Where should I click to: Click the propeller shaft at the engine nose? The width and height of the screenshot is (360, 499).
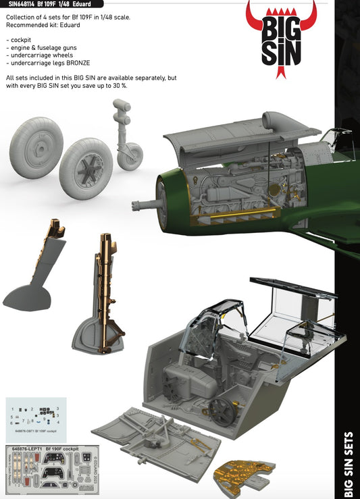point(148,203)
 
